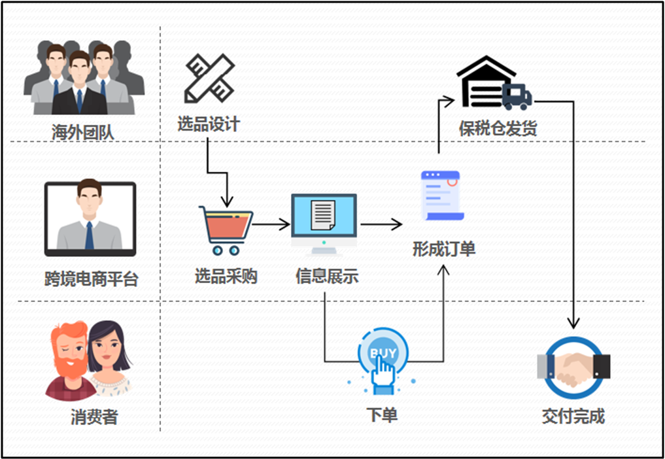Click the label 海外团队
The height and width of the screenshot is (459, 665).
click(83, 132)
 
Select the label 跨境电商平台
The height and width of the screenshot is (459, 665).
click(92, 280)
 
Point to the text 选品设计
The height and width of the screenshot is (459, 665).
click(209, 124)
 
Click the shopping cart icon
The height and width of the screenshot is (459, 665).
click(226, 229)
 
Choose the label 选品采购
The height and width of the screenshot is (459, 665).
click(226, 277)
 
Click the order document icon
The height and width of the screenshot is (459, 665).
click(441, 195)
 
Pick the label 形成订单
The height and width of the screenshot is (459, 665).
click(444, 249)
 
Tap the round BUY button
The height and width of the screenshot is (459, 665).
click(383, 354)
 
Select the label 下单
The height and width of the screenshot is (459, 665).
click(382, 415)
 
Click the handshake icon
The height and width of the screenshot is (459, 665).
click(573, 367)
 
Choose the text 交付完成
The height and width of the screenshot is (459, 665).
click(573, 416)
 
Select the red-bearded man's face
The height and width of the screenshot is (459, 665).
click(70, 348)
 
